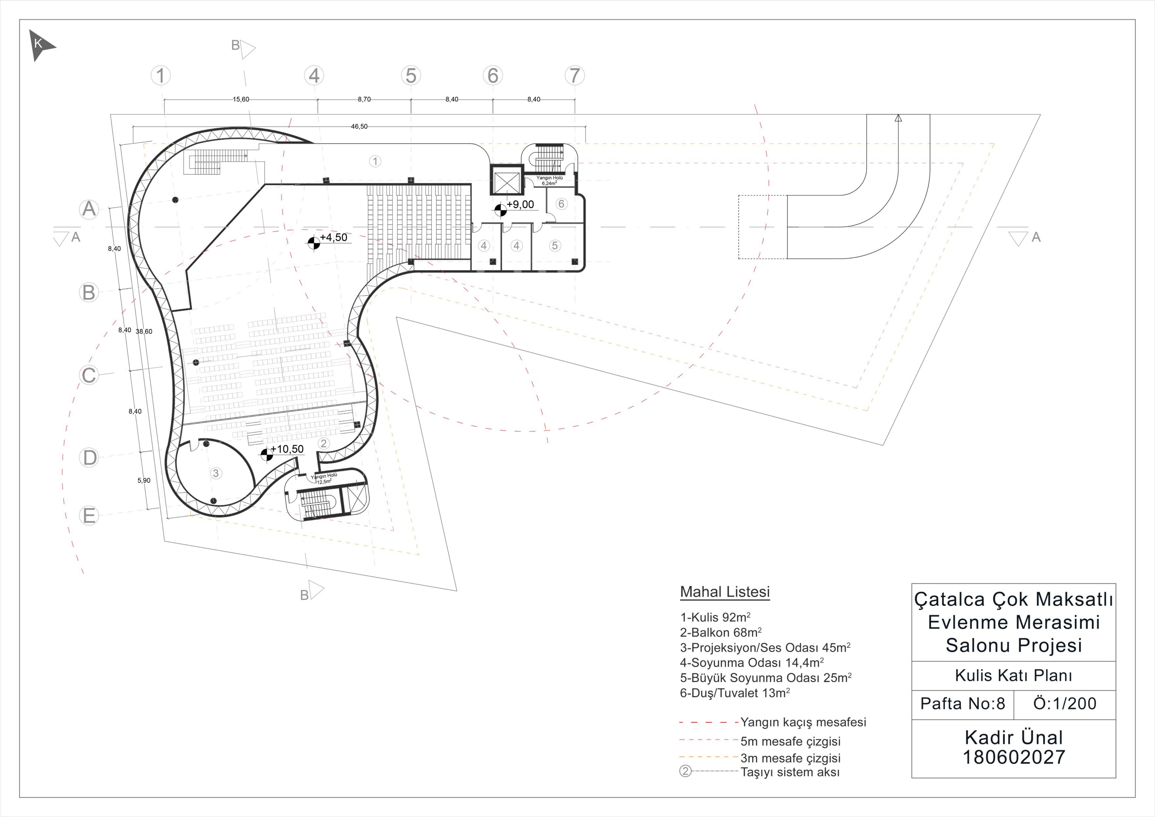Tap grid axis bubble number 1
tap(161, 76)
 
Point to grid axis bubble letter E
tap(89, 515)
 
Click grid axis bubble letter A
tap(89, 209)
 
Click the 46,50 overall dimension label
tap(359, 126)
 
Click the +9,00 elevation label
tap(520, 204)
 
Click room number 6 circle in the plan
tap(561, 203)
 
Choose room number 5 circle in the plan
tap(555, 246)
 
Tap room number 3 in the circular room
tap(216, 473)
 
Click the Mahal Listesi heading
tap(725, 592)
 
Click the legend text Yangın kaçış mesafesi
tap(803, 722)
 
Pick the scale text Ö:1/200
tap(1065, 704)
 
